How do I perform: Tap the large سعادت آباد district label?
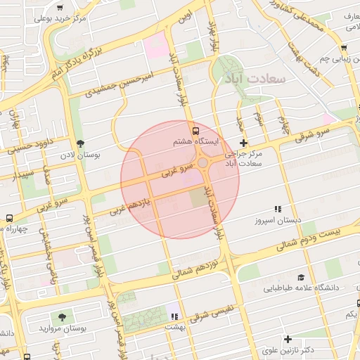[x=255, y=79]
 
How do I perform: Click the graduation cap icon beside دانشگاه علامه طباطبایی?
[x=300, y=278]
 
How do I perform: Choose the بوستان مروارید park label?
[x=63, y=328]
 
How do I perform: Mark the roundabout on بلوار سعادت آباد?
[x=202, y=163]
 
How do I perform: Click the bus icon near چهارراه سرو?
[x=8, y=218]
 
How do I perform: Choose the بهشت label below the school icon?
[x=173, y=327]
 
